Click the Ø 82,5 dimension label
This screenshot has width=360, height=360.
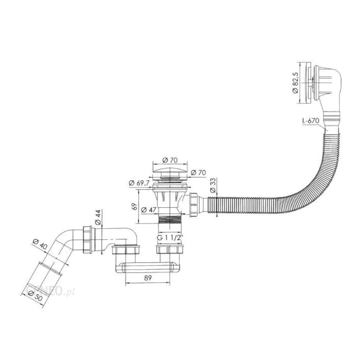(x=295, y=83)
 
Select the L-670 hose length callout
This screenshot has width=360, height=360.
(x=311, y=121)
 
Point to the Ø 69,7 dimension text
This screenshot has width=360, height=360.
(x=139, y=183)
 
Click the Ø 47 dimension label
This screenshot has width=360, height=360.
(x=149, y=210)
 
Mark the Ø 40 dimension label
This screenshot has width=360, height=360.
(x=40, y=244)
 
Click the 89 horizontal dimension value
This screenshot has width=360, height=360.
(x=148, y=278)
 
